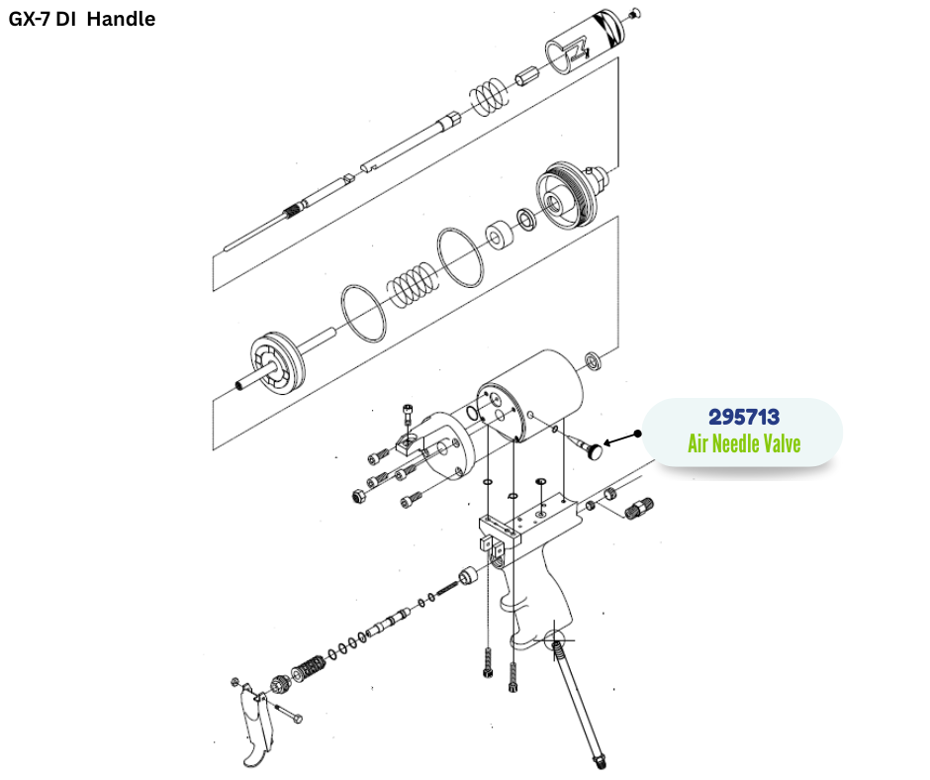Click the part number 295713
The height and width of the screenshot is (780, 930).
click(x=744, y=417)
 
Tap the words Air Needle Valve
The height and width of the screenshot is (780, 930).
click(x=744, y=443)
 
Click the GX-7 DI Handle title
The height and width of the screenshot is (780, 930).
click(x=82, y=19)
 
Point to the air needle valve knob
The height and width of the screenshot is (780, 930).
click(x=594, y=451)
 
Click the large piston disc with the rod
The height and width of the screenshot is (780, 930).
click(x=277, y=363)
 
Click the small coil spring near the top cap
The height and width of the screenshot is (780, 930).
click(x=490, y=96)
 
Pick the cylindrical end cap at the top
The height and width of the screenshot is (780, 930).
click(x=584, y=42)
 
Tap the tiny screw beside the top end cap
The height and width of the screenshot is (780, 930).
click(x=635, y=13)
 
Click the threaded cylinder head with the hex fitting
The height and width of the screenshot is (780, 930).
click(x=570, y=195)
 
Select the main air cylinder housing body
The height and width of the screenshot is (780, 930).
click(x=531, y=395)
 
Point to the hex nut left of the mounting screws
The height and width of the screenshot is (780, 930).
click(x=358, y=496)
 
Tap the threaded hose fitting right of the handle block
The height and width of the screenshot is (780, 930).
click(x=640, y=509)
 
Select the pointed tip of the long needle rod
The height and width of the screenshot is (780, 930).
click(x=226, y=248)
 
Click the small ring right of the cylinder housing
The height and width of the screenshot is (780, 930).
click(x=593, y=361)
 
